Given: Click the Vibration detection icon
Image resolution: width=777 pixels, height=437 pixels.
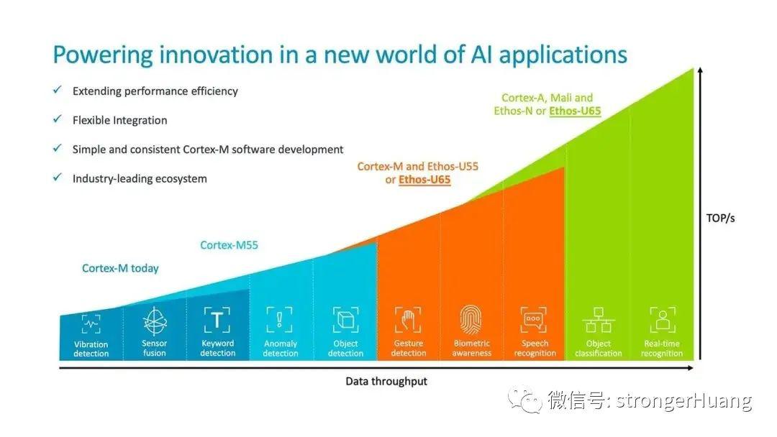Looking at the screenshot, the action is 91,324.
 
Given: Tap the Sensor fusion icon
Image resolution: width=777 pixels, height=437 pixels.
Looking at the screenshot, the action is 155,321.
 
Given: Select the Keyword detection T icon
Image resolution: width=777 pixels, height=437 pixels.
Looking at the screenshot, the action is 217,320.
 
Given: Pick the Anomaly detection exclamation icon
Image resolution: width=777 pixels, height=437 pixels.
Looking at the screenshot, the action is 279,320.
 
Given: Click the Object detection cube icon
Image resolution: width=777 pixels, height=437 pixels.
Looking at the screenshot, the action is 345,320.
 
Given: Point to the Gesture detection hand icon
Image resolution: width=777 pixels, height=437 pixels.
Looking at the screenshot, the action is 408,320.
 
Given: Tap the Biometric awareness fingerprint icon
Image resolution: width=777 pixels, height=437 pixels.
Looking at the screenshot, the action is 471,320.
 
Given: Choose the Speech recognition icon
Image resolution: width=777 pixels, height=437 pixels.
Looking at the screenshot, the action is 534,320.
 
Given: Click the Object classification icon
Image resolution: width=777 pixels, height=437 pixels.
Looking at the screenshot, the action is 599,320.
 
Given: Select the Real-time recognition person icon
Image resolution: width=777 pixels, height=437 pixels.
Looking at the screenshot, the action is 663,320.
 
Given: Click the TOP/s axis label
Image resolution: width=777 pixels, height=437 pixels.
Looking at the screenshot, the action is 720,218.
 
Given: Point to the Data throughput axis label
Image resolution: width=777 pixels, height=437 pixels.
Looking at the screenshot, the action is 386,382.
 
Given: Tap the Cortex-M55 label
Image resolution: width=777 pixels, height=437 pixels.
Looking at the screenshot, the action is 229,245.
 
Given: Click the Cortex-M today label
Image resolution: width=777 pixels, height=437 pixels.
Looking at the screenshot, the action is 120,268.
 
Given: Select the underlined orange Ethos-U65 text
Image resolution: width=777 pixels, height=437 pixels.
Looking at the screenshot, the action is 424,180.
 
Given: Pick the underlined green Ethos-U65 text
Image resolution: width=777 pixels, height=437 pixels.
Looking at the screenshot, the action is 575,111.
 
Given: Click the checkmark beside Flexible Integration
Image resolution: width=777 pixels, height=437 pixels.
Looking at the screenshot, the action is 58,119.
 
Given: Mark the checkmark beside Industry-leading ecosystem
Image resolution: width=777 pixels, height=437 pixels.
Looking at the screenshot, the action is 58,178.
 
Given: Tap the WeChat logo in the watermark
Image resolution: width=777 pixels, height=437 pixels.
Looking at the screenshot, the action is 524,400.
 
